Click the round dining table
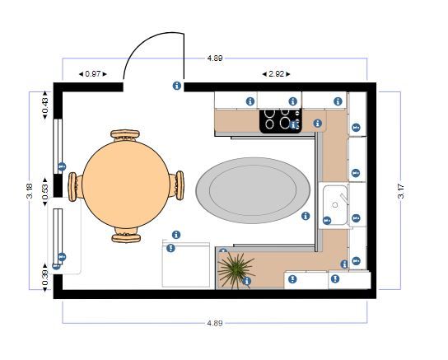tap(126, 185)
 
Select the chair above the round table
tap(125, 135)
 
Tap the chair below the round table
tap(126, 235)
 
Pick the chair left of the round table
tap(75, 187)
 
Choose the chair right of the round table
tap(177, 185)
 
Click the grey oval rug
tap(253, 190)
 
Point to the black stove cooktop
tap(281, 121)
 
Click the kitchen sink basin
tap(335, 204)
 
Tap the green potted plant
tap(236, 270)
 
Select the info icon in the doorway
tap(177, 86)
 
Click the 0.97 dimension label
tap(93, 74)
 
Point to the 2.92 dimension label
tap(276, 74)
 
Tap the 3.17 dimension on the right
tap(401, 191)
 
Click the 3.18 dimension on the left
tap(30, 190)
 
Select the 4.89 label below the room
tap(215, 323)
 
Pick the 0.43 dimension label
tap(45, 105)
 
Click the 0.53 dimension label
tap(45, 192)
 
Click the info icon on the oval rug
tap(306, 216)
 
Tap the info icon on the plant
tap(246, 281)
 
